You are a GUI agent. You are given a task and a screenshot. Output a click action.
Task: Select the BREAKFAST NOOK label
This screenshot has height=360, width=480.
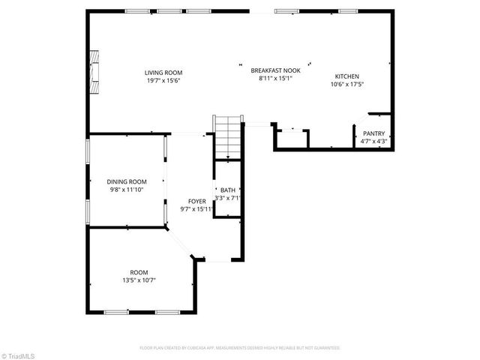pos(275,70)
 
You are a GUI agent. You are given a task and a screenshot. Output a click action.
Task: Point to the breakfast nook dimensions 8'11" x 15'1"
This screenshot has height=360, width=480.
pos(275,76)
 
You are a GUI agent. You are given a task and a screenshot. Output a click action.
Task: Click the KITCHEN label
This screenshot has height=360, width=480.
pos(346,76)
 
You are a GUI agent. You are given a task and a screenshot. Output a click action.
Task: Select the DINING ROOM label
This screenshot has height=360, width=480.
pos(127,181)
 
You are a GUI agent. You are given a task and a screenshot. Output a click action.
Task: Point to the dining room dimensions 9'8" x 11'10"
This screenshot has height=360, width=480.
pos(127,189)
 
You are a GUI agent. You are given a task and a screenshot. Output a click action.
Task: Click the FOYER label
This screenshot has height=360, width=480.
pos(197,201)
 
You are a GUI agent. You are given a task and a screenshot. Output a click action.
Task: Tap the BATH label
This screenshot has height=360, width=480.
pos(228,190)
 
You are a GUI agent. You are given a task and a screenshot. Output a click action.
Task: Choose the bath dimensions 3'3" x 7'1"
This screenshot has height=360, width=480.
pos(228,198)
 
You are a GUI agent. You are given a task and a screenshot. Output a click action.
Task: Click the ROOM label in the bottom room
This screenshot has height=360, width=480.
pos(139,272)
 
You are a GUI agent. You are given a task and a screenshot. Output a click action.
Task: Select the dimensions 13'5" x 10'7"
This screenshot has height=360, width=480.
pos(139,280)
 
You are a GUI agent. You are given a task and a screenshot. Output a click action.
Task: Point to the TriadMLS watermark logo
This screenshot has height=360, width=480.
pos(18,354)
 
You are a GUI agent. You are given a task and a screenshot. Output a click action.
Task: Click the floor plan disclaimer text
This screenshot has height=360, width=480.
pos(240,348)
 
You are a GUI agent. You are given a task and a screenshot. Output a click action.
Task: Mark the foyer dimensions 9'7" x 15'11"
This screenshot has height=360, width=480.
pos(197,208)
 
